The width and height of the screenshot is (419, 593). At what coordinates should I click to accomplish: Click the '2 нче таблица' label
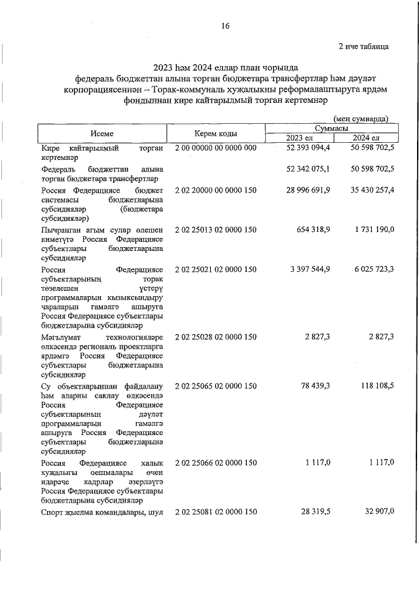click(x=363, y=47)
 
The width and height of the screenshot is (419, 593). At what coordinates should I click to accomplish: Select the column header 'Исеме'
click(x=102, y=132)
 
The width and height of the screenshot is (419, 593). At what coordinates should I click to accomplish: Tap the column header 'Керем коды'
click(x=215, y=132)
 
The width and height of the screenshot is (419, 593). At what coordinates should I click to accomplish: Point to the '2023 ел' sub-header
click(x=299, y=138)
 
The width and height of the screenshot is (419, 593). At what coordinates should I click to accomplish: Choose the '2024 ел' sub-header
click(x=365, y=138)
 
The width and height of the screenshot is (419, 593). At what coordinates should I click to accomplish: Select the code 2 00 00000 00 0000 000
click(x=215, y=149)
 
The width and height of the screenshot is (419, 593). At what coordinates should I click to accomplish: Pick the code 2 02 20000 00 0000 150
click(x=215, y=189)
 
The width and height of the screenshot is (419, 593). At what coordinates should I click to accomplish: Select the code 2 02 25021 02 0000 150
click(x=215, y=269)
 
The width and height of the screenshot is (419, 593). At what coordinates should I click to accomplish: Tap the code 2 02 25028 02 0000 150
click(x=215, y=337)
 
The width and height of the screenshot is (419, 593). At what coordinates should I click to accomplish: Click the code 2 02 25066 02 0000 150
click(x=215, y=463)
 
